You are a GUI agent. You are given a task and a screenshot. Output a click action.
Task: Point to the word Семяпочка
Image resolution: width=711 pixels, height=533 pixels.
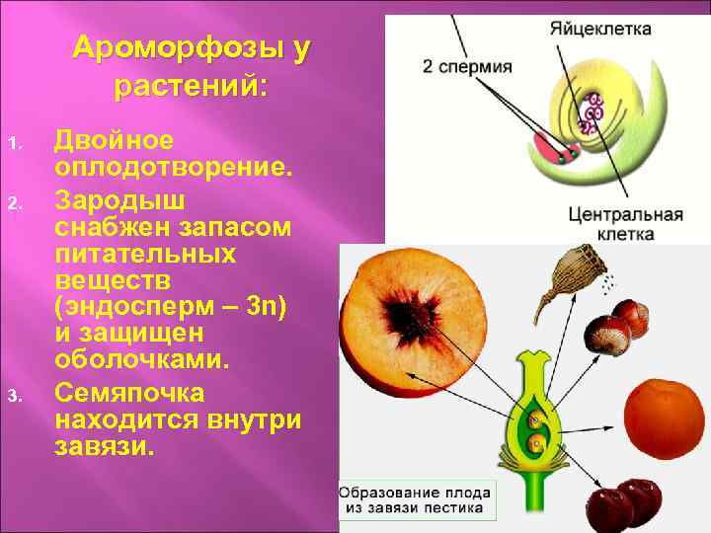tap(129, 393)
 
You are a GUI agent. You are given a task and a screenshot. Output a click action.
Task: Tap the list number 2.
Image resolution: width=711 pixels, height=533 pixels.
tap(15, 202)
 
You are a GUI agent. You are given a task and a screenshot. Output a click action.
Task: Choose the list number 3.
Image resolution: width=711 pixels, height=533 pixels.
tap(15, 397)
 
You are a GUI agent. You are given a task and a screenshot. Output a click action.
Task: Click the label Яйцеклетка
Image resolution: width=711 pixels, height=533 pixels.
tap(600, 29)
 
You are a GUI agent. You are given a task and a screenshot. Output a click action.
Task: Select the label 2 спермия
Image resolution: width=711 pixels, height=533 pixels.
tap(467, 67)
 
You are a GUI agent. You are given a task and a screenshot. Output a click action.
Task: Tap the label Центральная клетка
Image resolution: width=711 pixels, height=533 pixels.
tap(625, 224)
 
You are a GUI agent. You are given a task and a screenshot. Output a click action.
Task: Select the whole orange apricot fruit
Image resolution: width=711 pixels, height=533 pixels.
tap(665, 416)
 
